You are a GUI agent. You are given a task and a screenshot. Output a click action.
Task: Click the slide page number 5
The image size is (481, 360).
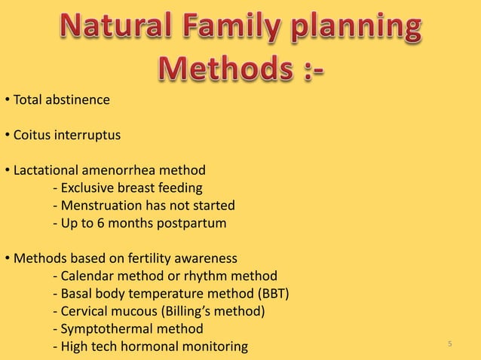point(449,344)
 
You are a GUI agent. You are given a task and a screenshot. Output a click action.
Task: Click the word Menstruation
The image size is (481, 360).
point(100,205)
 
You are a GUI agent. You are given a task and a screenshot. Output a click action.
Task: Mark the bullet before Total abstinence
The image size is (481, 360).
point(6,100)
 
